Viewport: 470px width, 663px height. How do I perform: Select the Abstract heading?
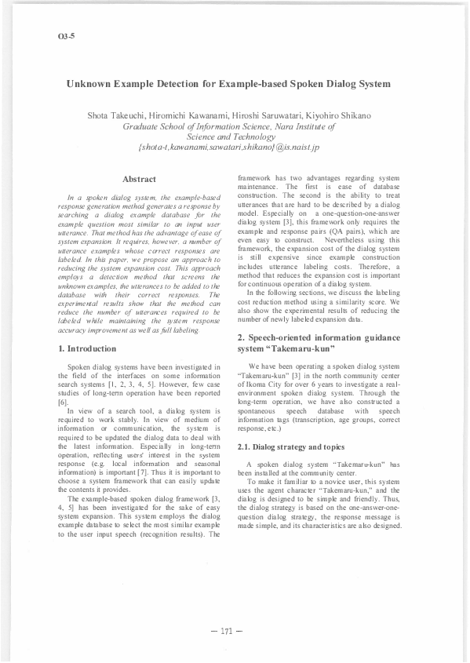140,180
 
